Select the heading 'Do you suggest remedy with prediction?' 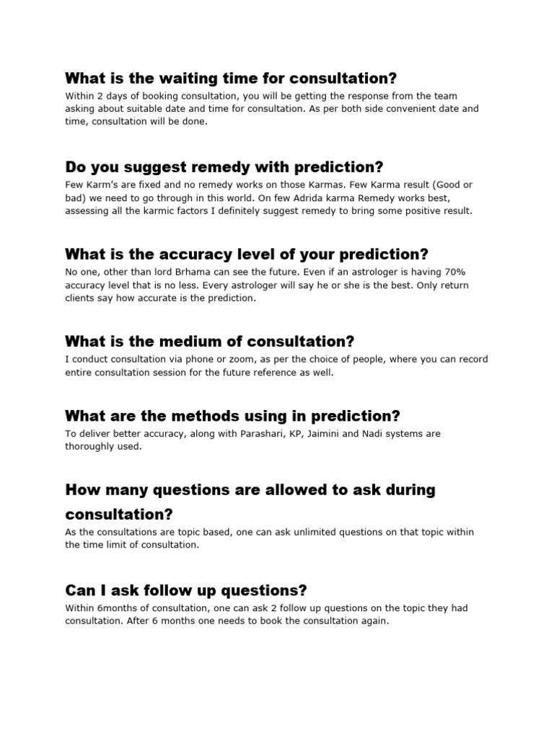[x=224, y=167]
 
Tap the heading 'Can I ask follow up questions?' [x=186, y=590]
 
